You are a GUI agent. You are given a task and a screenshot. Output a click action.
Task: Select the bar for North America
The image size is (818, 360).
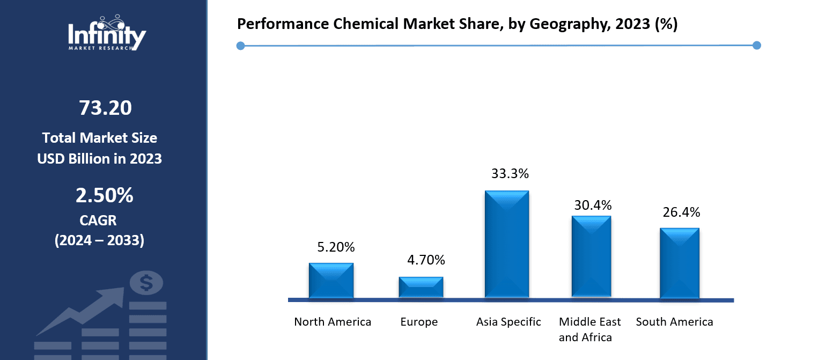point(331,280)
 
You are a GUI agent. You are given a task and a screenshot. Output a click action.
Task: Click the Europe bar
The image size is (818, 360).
point(421,287)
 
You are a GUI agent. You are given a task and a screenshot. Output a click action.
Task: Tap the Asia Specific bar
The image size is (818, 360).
point(507,244)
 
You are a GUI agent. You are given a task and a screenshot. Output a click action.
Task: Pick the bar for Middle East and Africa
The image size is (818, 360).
point(591,256)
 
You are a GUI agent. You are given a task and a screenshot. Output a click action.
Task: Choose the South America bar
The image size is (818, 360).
point(679,263)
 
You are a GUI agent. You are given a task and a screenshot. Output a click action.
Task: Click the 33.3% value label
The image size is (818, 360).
point(510,174)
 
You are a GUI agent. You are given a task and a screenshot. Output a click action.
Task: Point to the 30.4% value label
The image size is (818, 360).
point(593,205)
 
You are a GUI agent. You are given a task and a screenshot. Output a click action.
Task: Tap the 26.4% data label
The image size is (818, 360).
point(681,212)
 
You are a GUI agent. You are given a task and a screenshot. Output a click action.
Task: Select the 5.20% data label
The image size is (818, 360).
point(336,247)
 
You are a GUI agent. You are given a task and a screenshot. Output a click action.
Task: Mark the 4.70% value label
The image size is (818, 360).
point(426,261)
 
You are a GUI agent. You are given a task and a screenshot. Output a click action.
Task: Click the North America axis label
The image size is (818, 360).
point(333,322)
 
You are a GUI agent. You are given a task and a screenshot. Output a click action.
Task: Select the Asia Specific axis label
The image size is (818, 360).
point(509,322)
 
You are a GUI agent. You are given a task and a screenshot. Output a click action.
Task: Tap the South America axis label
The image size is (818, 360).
point(674,322)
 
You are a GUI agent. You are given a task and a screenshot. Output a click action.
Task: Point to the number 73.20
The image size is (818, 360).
point(105,108)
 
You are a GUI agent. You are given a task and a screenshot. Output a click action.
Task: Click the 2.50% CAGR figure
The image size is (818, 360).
point(104,196)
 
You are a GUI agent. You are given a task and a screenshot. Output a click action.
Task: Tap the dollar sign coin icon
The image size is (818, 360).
point(146,283)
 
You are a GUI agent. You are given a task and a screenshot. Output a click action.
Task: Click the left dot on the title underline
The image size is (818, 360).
point(240,46)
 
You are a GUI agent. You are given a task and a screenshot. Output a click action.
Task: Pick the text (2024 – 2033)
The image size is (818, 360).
point(99,241)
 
